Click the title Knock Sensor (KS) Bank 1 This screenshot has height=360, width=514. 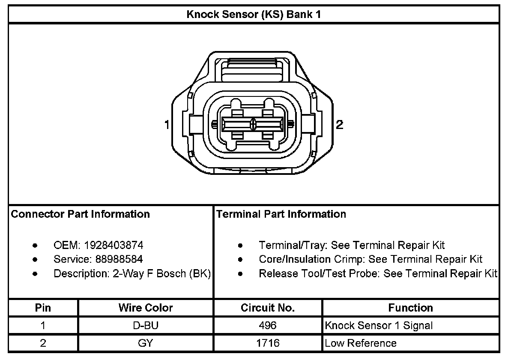pos(254,15)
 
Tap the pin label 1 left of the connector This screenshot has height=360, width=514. pos(167,125)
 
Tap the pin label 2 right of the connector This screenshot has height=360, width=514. pos(339,125)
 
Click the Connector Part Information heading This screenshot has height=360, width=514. pos(80,214)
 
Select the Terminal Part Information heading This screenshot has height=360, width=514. pos(281,214)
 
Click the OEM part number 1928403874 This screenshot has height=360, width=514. pos(114,245)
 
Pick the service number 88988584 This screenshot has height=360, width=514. pos(114,259)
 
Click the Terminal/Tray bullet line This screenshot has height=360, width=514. pos(352,245)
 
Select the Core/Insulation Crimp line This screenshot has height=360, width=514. pos(371,259)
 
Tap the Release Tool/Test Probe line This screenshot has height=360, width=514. pos(378,273)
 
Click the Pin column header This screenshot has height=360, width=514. pos(43,308)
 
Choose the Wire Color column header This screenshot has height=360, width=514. pos(146,308)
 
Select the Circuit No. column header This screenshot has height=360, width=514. pos(268,308)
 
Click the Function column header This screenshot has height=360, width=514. pos(410,308)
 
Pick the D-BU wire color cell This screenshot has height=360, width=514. pos(146,326)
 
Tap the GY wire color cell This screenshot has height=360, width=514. pos(146,343)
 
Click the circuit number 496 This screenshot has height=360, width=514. pos(268,326)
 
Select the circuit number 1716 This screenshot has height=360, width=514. pos(268,343)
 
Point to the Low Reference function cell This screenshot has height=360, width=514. pos(361,343)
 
